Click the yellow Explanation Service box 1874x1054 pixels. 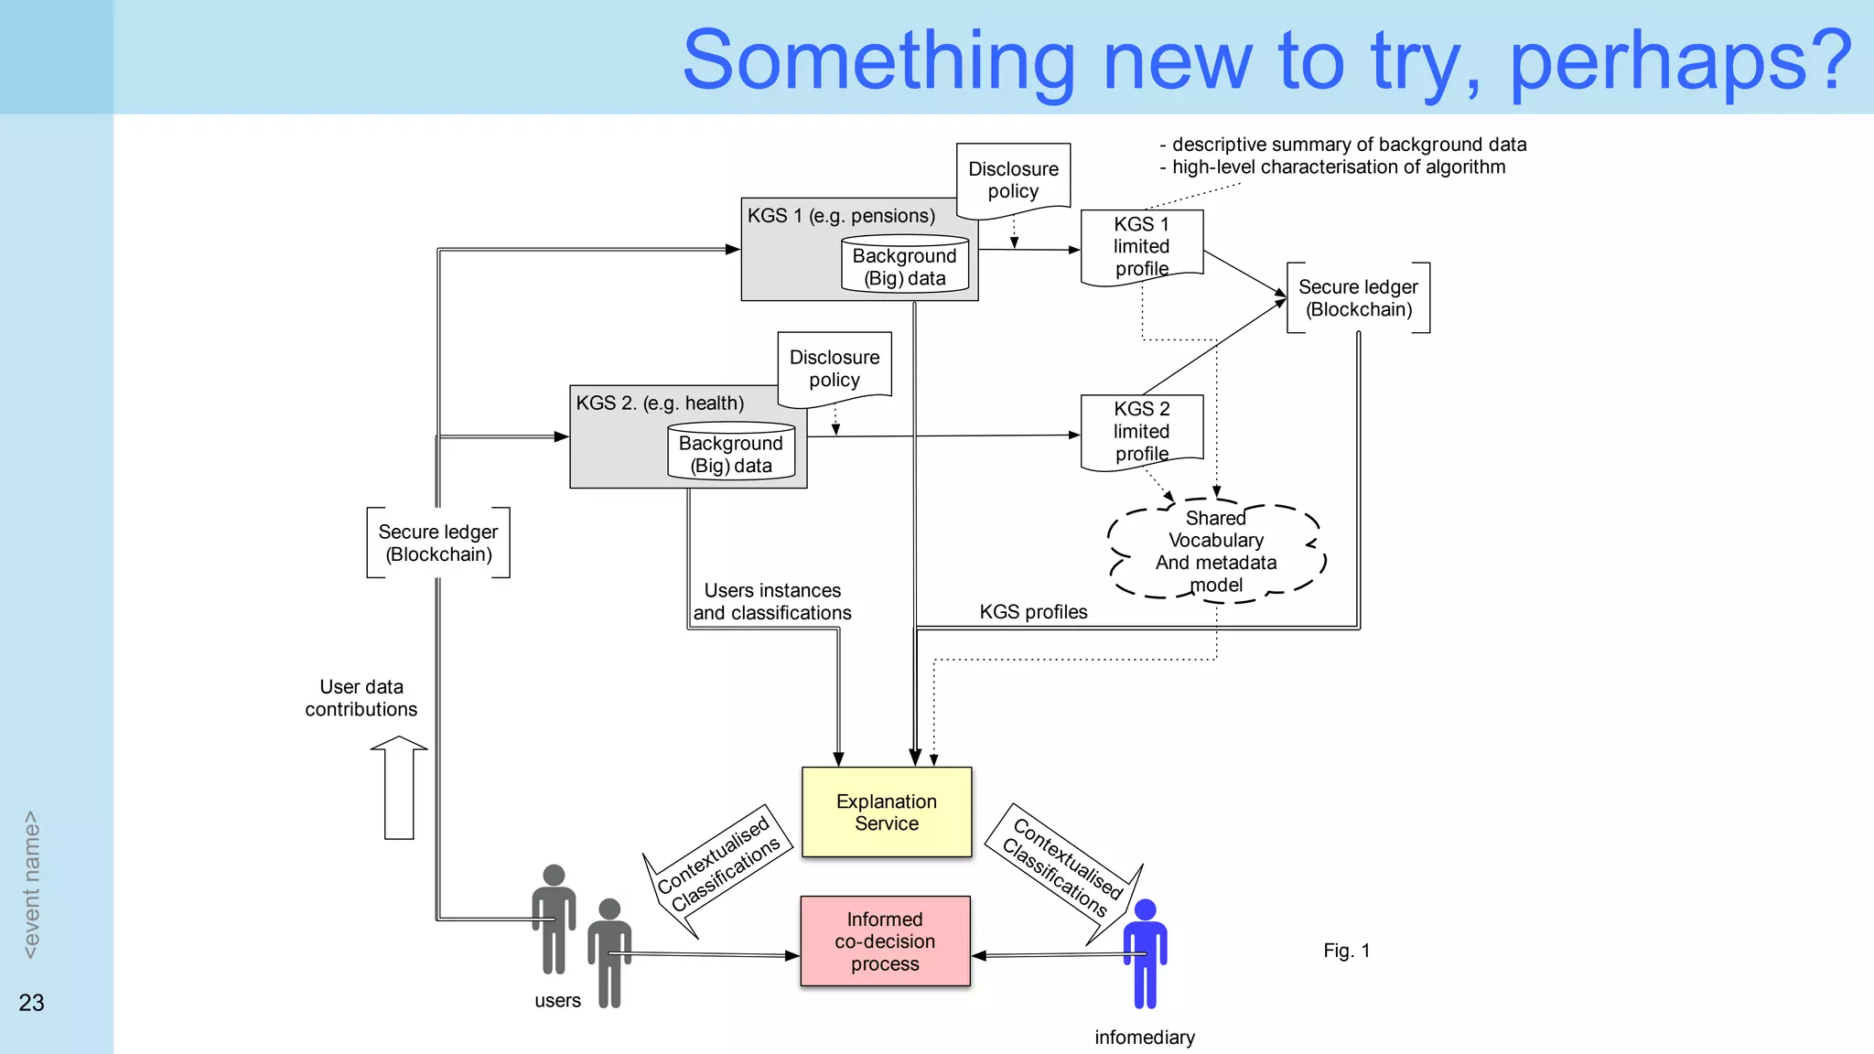tap(886, 812)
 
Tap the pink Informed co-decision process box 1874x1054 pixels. tap(885, 941)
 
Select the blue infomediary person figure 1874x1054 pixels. tap(1145, 953)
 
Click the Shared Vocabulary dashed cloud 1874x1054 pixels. tap(1215, 552)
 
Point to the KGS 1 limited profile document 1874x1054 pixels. tap(1141, 246)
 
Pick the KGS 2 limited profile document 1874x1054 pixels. tap(1141, 431)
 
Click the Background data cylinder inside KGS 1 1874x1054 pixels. tap(904, 266)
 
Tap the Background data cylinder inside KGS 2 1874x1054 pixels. tap(730, 453)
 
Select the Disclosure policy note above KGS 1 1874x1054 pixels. tap(1013, 179)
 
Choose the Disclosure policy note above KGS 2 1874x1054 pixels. tap(834, 368)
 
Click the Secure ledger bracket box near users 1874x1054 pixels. tap(438, 543)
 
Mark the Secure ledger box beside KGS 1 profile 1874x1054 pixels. tap(1358, 298)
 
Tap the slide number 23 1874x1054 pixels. tap(31, 1003)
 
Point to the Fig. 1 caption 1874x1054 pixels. tap(1346, 951)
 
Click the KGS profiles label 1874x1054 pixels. tap(1033, 612)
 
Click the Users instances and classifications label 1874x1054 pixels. tap(771, 602)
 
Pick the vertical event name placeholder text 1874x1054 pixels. tap(31, 885)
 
